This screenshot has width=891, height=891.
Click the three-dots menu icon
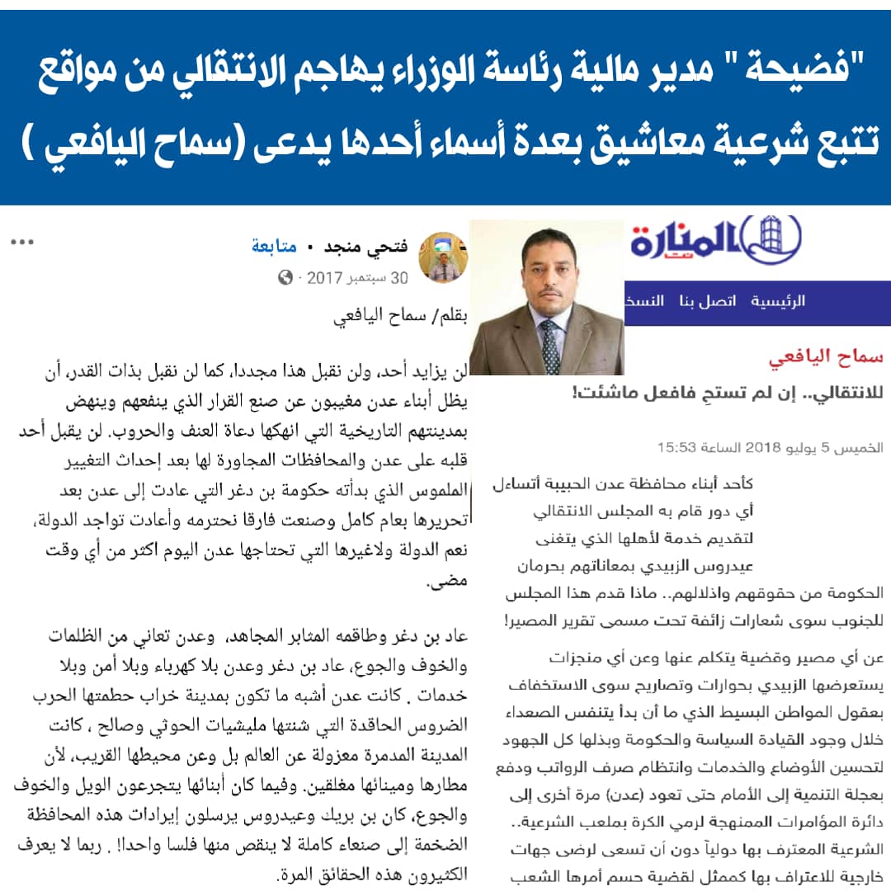point(21,243)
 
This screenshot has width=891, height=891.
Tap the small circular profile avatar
point(443,257)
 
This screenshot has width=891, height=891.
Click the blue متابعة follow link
point(274,247)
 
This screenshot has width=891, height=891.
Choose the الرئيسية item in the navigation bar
point(778,301)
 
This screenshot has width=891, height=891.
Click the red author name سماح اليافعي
point(825,357)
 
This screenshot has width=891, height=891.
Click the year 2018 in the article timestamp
point(769,448)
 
